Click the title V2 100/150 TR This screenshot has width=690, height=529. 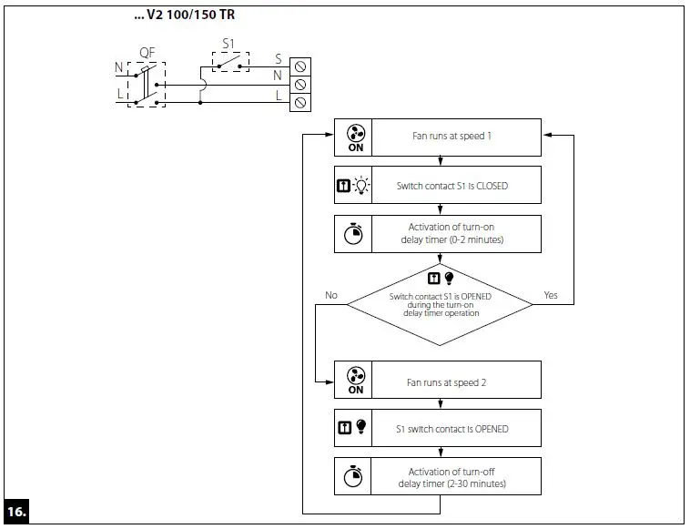point(190,15)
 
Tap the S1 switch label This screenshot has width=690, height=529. point(228,44)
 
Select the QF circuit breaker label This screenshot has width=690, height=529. point(147,53)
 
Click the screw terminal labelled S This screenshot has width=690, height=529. point(300,66)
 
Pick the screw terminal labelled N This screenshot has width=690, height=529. point(300,84)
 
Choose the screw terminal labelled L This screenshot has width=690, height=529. point(300,103)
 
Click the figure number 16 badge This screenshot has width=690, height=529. point(16,512)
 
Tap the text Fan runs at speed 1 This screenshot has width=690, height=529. point(452,136)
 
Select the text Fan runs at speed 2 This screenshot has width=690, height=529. point(446,382)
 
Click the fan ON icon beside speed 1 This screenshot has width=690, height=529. point(356,138)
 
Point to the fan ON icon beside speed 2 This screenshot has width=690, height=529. point(356,381)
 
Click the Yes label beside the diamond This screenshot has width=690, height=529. point(551,295)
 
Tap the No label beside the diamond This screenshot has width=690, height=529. point(331,295)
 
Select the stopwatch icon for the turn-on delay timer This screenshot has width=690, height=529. point(353,234)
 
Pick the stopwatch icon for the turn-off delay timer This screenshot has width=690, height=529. point(353,476)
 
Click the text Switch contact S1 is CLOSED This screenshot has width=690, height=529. point(452,186)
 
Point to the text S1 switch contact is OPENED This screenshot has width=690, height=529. point(452,429)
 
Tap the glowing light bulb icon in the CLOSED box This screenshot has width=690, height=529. point(361,185)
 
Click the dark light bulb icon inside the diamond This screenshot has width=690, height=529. point(449,278)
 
